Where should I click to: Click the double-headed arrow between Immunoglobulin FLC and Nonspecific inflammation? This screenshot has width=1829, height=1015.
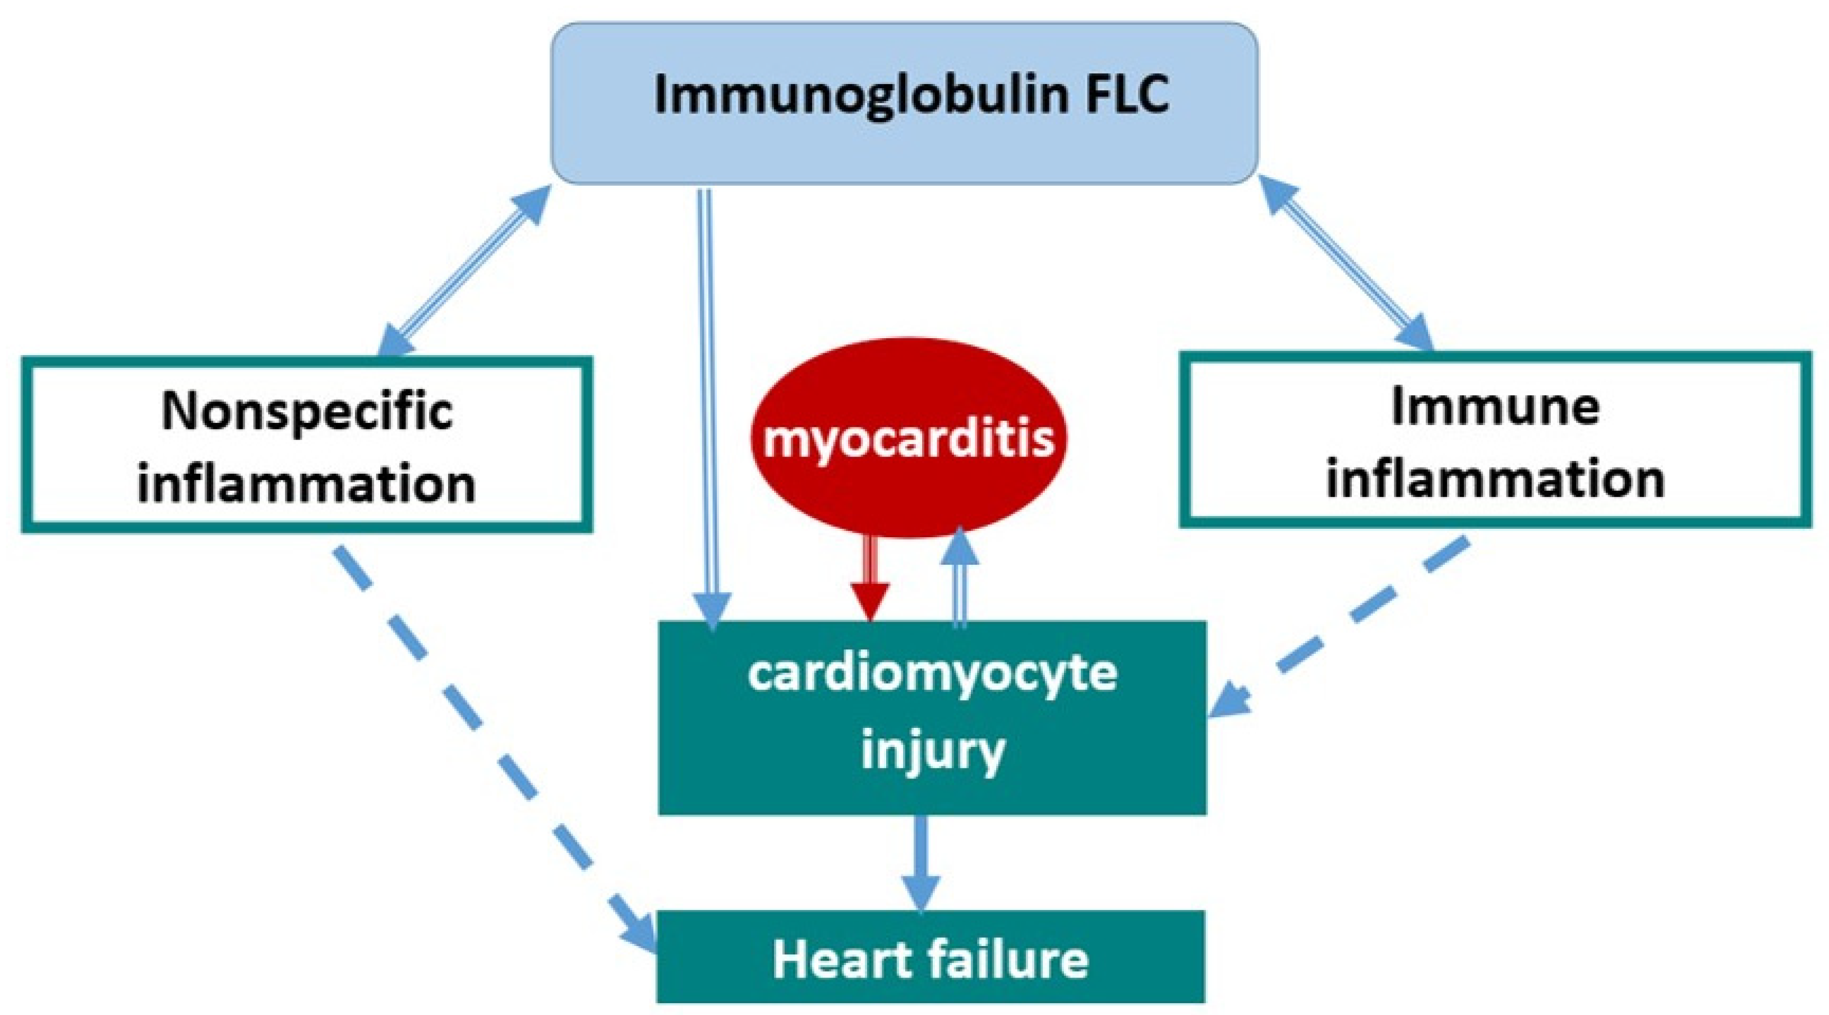(464, 270)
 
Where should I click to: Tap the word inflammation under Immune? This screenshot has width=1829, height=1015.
(1495, 481)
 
